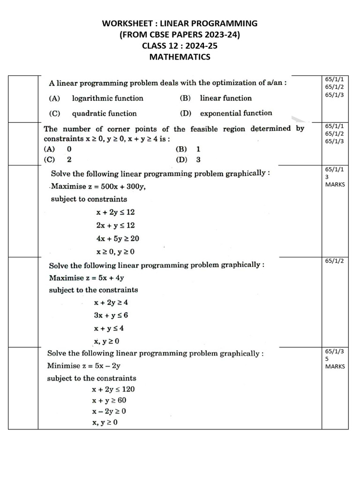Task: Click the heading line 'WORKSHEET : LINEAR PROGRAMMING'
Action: pyautogui.click(x=180, y=23)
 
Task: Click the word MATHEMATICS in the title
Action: pyautogui.click(x=180, y=57)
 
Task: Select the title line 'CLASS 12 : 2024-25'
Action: pyautogui.click(x=180, y=46)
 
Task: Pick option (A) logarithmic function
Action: pyautogui.click(x=96, y=98)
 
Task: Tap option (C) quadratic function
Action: pyautogui.click(x=93, y=113)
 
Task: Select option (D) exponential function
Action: pyautogui.click(x=225, y=113)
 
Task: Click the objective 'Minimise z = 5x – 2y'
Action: pyautogui.click(x=86, y=366)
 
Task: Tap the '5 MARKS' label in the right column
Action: pyautogui.click(x=334, y=362)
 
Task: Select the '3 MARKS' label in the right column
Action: pyautogui.click(x=334, y=180)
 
